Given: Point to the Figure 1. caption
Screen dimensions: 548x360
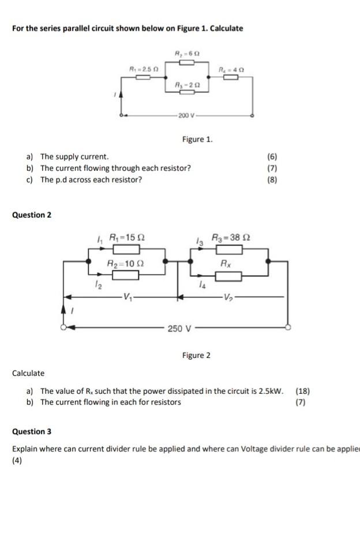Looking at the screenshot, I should click(197, 139).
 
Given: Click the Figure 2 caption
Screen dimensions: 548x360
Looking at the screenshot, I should click(196, 355).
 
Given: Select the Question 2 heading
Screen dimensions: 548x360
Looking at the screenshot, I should click(32, 215).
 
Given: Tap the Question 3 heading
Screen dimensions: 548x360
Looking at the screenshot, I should click(32, 431).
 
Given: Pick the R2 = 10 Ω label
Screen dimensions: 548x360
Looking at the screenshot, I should click(126, 263).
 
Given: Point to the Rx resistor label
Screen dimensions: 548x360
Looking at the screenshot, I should click(228, 263).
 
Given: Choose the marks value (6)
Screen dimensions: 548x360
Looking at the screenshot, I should click(272, 156).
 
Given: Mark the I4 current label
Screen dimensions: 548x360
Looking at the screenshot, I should click(201, 284).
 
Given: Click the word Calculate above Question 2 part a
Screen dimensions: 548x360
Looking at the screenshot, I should click(28, 373).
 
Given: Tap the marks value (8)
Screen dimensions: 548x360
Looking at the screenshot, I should click(272, 180).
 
